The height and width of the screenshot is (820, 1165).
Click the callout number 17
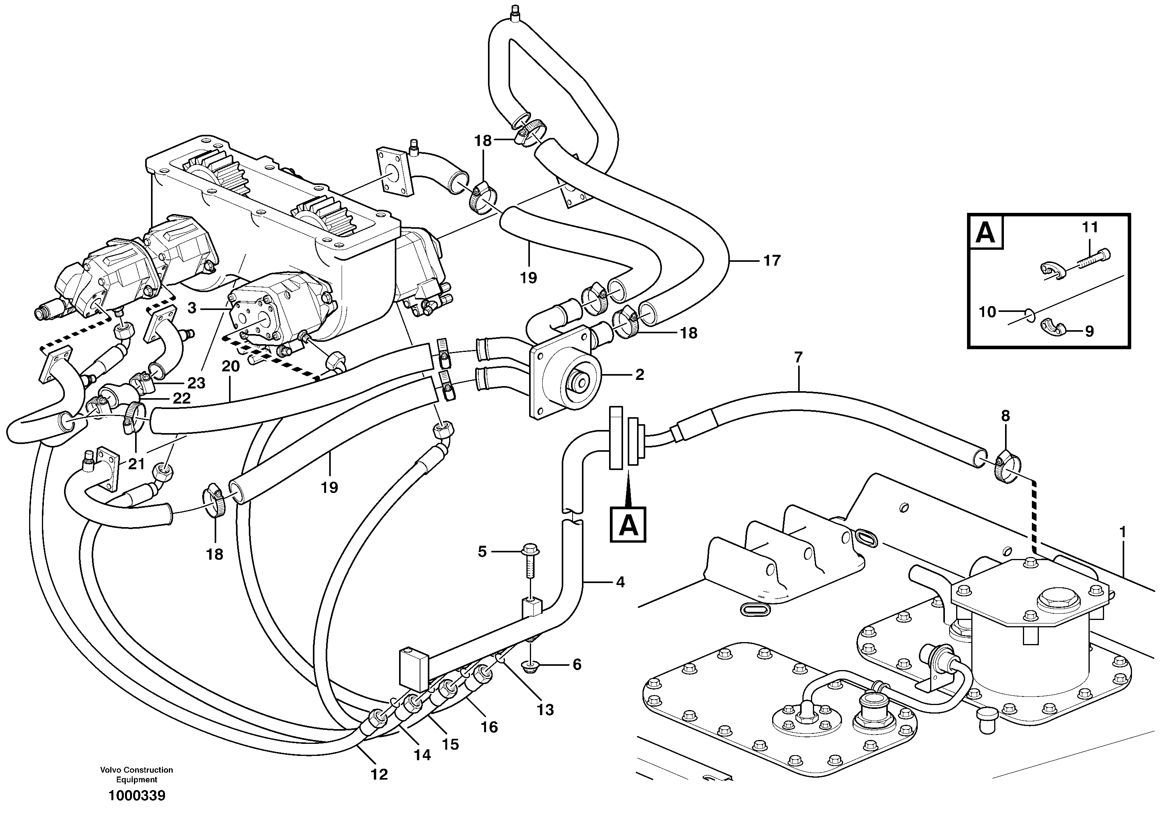click(772, 261)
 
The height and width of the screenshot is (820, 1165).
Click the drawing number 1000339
click(137, 796)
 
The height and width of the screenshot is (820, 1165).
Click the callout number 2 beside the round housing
click(639, 375)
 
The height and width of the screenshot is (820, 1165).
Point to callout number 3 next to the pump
click(191, 308)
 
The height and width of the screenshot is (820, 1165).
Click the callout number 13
click(545, 710)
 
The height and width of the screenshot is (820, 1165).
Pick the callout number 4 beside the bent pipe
click(620, 582)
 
